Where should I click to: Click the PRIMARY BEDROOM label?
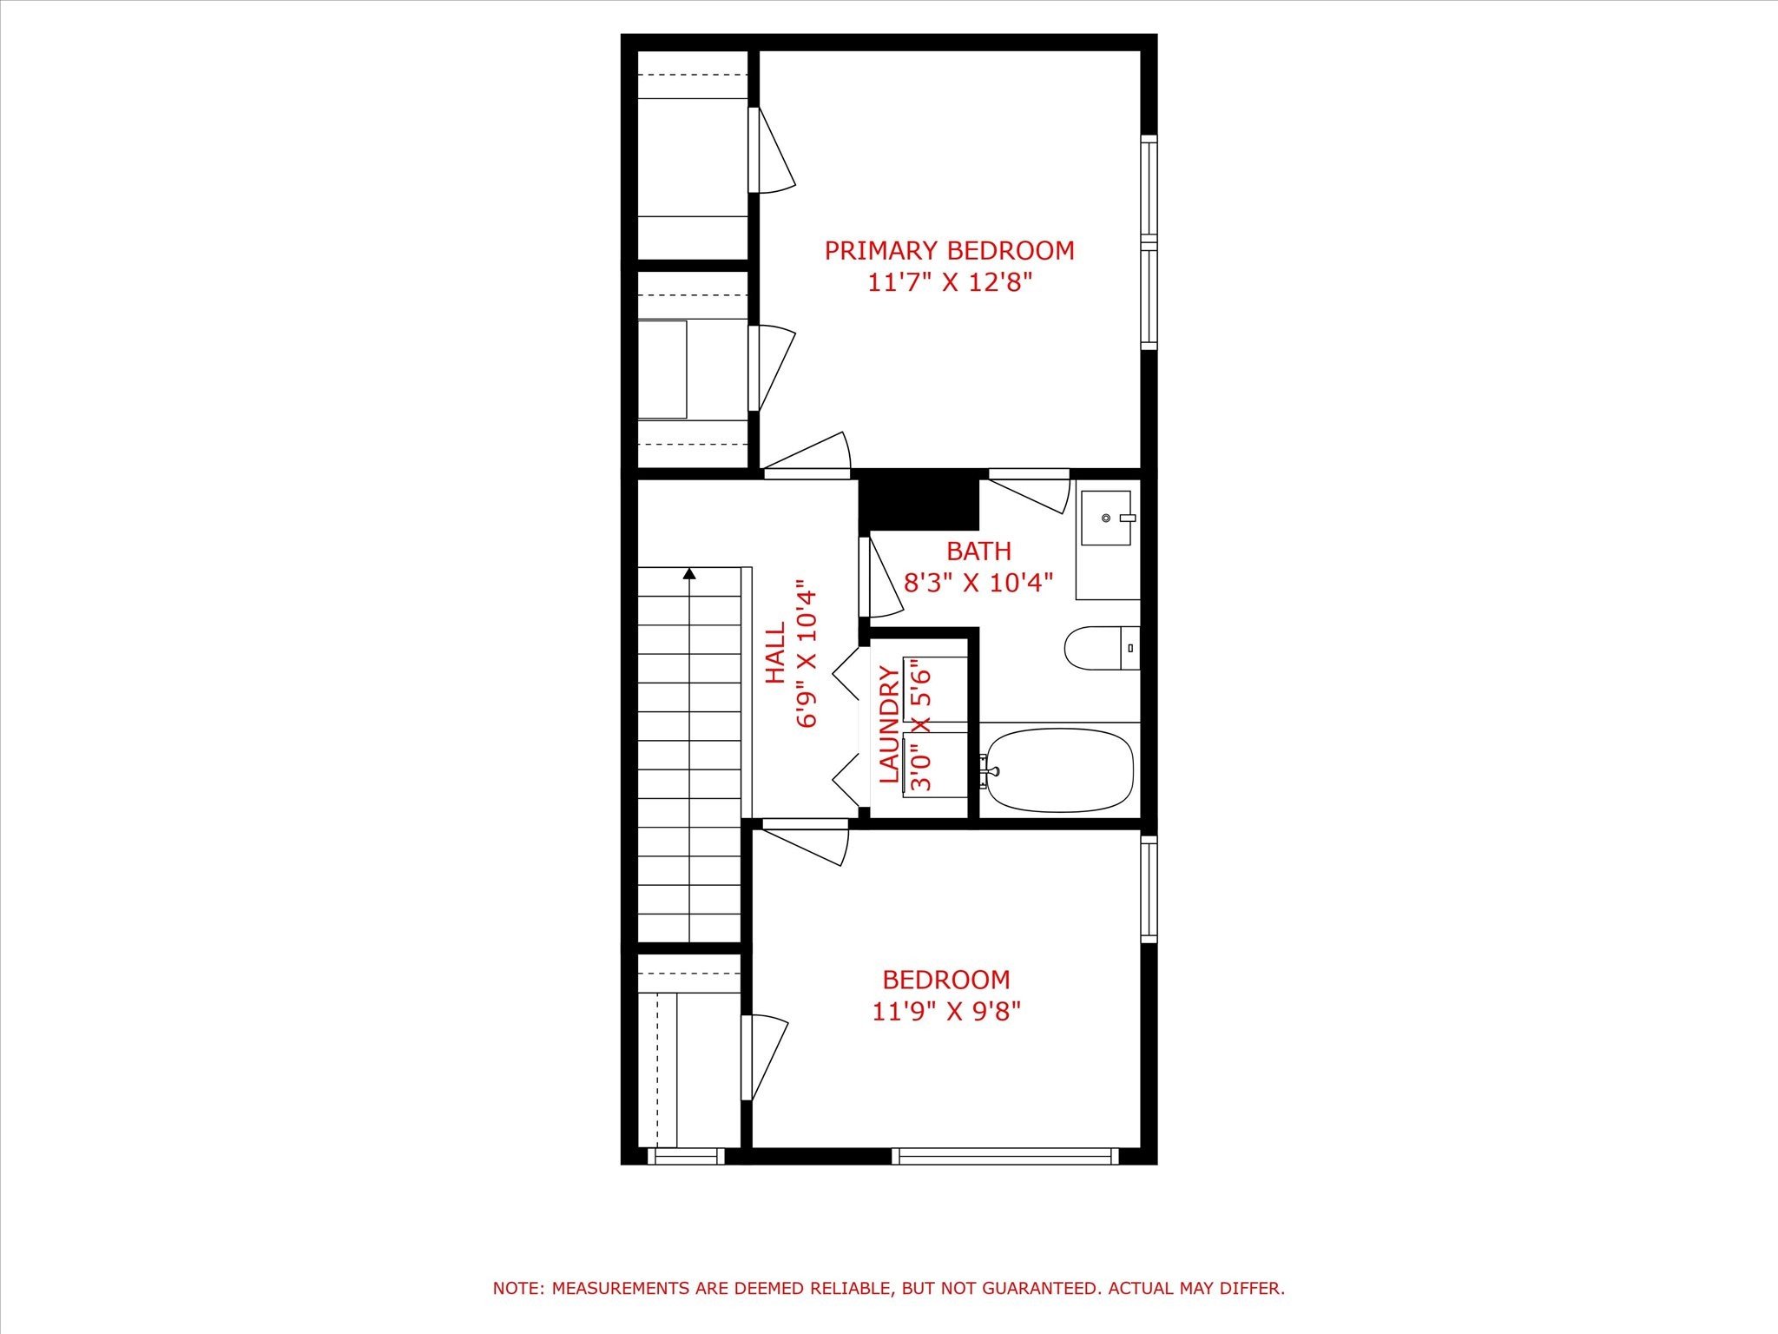(949, 251)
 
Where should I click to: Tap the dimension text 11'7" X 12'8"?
(949, 283)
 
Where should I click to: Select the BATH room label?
(978, 551)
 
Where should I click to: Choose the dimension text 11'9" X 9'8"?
(946, 1012)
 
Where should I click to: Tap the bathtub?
(1060, 770)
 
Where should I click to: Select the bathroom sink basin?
(1105, 518)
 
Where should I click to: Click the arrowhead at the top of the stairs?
(689, 573)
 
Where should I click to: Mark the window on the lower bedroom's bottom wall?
(1004, 1155)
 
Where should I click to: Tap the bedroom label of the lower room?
(946, 980)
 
